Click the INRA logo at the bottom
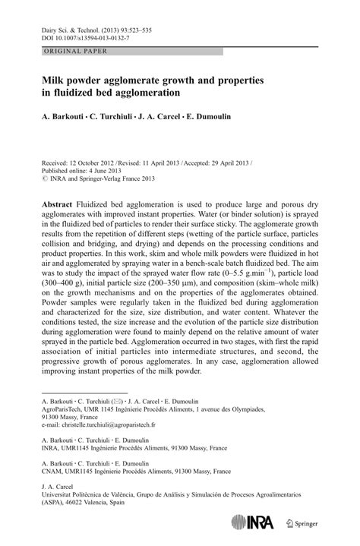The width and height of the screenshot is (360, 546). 265,522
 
